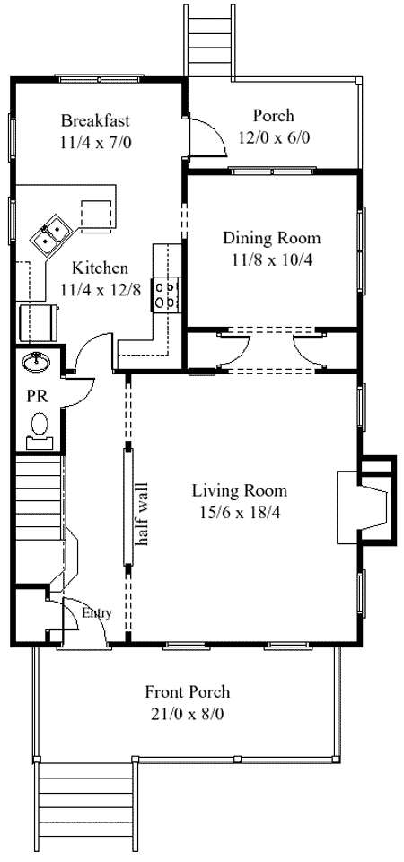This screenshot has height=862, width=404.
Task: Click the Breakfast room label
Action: (95, 119)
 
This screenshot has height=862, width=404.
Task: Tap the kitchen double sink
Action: (49, 233)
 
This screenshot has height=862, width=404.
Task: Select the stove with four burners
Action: (167, 295)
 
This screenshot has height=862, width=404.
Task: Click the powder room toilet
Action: (40, 429)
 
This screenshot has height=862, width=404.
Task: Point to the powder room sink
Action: (37, 361)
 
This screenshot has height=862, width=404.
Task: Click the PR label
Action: (39, 396)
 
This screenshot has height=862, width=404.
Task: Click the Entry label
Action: (97, 613)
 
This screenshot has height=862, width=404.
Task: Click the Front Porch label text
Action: (188, 691)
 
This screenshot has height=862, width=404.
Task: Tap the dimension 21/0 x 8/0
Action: (188, 714)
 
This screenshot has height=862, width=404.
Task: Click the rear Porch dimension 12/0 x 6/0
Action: (274, 137)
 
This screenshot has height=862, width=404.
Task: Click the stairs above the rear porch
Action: (207, 39)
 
